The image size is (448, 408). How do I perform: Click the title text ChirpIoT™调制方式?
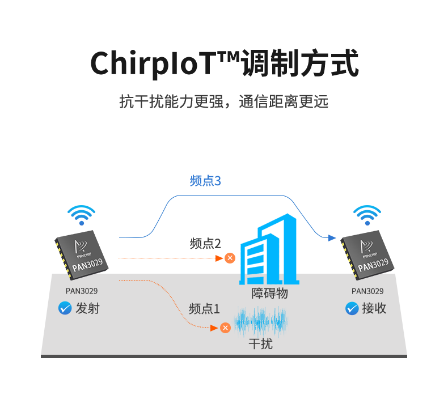point(225,64)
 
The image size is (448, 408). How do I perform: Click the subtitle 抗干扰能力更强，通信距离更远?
point(224,101)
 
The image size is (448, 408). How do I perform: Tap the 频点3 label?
point(205,181)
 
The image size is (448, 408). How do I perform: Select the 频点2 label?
point(205,244)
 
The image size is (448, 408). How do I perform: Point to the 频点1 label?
point(204,309)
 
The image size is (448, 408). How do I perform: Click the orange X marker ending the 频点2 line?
point(230,258)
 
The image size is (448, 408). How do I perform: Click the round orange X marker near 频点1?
point(225,328)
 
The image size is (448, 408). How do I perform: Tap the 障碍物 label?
point(269,293)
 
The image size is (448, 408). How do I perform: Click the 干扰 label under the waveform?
point(261,343)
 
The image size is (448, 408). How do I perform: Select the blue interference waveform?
point(261,322)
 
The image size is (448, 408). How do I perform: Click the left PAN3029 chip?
point(81,252)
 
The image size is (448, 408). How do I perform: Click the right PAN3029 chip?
point(367,252)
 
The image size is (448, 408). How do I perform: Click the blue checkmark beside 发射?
point(65,308)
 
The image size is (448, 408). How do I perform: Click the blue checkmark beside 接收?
point(352,308)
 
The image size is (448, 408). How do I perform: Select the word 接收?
point(374,308)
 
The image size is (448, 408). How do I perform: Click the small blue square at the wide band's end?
point(332,237)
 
